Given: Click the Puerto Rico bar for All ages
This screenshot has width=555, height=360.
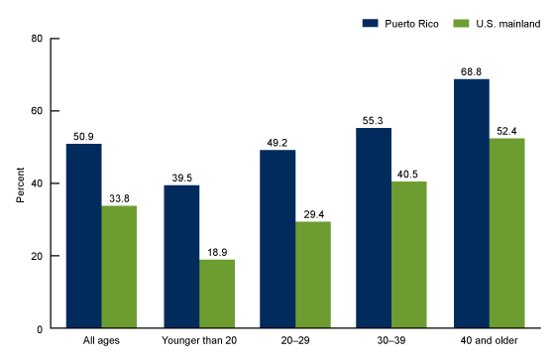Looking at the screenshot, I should (x=83, y=236).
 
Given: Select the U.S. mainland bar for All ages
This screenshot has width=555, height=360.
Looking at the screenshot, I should (x=119, y=267).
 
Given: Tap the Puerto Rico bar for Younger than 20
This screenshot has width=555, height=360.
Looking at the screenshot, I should (x=180, y=257).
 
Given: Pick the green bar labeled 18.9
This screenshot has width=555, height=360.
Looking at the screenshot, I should (x=216, y=294).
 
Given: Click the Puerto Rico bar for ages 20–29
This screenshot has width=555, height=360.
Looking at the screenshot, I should (x=277, y=239).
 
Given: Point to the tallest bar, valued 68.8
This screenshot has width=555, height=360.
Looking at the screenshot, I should (x=471, y=203).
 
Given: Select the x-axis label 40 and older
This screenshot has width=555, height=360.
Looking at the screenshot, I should (x=489, y=343).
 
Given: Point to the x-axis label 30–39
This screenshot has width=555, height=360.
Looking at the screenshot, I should (x=391, y=343).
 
